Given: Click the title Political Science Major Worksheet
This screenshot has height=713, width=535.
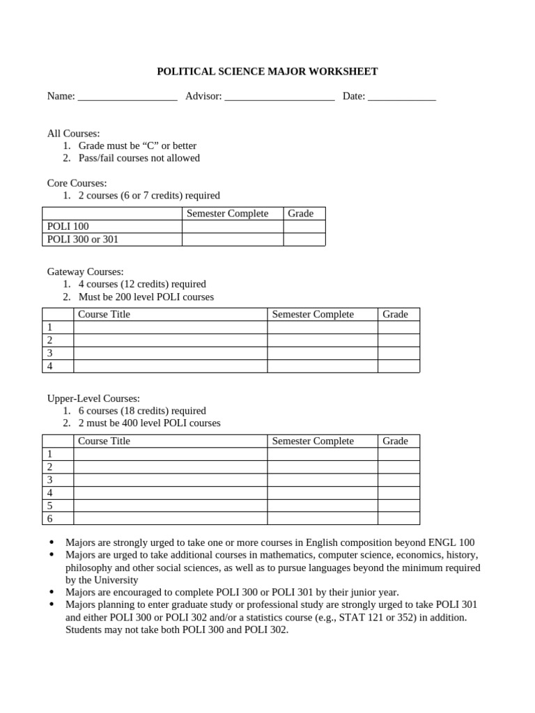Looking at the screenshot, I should [267, 71].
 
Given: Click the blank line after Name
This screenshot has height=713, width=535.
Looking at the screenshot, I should [127, 97].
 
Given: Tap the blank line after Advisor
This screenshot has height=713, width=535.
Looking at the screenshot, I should [279, 97].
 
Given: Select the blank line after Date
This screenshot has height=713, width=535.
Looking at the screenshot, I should [401, 97].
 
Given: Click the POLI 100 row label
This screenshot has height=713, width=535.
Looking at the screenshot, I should [68, 226].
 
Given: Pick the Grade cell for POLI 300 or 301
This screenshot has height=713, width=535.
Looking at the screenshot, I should [304, 240].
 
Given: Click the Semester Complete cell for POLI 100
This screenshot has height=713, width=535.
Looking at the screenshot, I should [232, 226].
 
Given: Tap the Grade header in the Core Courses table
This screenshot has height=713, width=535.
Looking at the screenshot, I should [301, 213].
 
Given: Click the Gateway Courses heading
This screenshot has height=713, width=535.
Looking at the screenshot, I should [85, 272].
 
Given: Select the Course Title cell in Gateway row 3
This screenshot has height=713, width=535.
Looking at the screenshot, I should [170, 353].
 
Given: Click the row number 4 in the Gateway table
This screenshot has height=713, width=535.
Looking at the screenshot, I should [49, 366].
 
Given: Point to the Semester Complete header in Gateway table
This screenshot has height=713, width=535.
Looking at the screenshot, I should [313, 314].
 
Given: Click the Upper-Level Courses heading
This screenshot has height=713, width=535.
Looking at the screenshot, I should [93, 398].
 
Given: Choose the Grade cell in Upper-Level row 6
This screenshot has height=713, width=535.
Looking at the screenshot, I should [398, 518].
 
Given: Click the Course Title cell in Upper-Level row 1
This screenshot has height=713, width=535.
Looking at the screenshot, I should [170, 454].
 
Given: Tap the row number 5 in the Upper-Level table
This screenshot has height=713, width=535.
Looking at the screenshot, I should [49, 506].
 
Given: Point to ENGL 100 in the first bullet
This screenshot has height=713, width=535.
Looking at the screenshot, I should [454, 542].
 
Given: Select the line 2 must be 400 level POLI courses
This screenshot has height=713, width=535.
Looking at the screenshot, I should [149, 423].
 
